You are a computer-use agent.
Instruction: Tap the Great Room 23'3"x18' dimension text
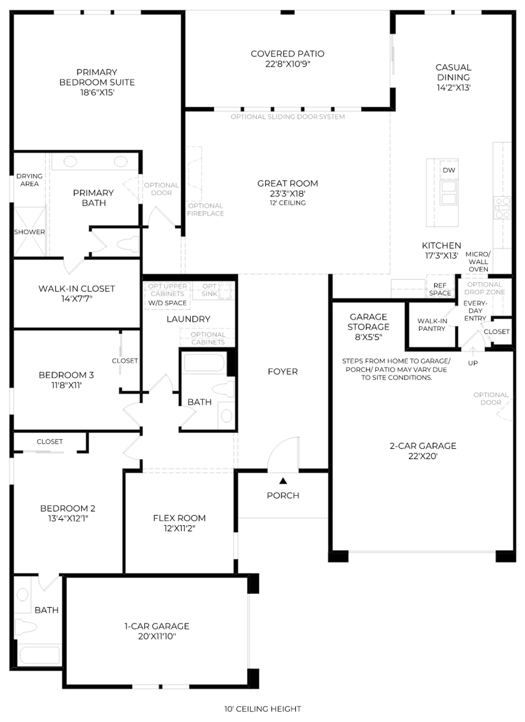tap(288, 194)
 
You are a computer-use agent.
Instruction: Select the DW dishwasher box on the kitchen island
tap(449, 170)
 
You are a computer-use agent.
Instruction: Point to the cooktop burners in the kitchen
tap(502, 208)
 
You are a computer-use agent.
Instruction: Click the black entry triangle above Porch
tap(283, 481)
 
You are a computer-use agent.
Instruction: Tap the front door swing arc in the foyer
tap(279, 447)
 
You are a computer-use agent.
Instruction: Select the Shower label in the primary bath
tap(30, 232)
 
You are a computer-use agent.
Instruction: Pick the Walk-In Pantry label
tap(432, 325)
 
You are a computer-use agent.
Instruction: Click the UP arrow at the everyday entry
tap(473, 352)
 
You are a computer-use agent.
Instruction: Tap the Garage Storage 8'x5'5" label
tap(368, 327)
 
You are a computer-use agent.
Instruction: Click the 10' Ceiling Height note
tap(262, 709)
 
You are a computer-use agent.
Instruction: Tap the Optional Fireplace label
tap(205, 209)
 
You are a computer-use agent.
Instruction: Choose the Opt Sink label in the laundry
tap(209, 290)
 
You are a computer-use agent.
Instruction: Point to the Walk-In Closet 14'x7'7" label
tap(77, 294)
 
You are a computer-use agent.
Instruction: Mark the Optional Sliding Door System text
tap(287, 117)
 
